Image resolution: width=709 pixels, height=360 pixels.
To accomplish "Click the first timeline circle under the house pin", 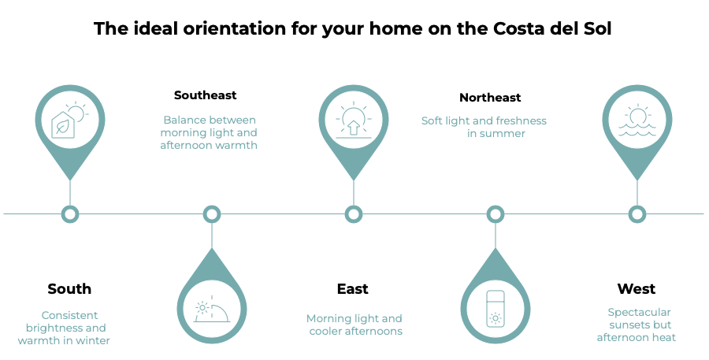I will pos(70,213).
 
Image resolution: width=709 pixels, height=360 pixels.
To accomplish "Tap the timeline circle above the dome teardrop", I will pos(211,213).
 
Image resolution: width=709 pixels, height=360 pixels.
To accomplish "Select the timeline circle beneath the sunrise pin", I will pos(354,213).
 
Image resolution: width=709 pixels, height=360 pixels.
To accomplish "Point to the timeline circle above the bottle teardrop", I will pos(495,213).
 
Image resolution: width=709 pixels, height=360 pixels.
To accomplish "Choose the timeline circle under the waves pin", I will pos(637,213).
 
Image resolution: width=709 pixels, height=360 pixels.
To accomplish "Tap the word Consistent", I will pos(69,314).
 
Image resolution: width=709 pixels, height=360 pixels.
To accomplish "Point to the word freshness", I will pos(520,121).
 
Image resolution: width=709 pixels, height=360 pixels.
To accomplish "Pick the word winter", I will pos(92,340).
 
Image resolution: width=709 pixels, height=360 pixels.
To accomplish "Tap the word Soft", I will pos(432,121).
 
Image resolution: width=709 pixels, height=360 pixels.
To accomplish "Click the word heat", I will pos(663,338).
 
